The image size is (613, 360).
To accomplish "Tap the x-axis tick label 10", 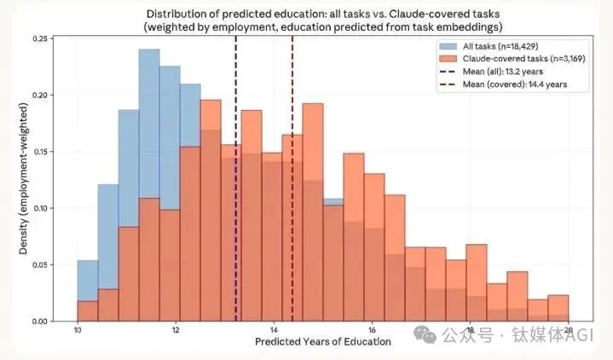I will click(78, 330).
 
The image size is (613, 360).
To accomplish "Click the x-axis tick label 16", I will click(372, 330).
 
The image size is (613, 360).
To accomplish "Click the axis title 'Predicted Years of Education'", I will click(323, 341).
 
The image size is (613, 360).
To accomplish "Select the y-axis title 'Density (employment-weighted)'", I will click(22, 180).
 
